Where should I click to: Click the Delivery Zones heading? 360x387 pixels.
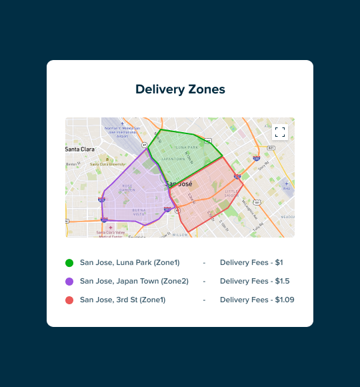(x=180, y=89)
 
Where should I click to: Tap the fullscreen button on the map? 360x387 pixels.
(x=280, y=131)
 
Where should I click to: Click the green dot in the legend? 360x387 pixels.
(x=69, y=263)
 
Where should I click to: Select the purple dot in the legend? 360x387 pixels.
(x=69, y=282)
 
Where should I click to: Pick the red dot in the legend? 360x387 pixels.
(x=69, y=300)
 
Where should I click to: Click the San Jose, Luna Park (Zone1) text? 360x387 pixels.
(x=129, y=263)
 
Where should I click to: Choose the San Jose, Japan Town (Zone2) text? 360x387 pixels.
(x=133, y=282)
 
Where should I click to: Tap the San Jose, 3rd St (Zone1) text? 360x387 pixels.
(x=122, y=300)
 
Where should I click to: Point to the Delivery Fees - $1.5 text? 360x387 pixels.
(x=255, y=282)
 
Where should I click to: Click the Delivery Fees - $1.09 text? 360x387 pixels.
(x=257, y=300)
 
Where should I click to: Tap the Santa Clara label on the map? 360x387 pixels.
(x=79, y=149)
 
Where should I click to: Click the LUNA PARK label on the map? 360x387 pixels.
(x=187, y=147)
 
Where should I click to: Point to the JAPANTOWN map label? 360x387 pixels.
(x=173, y=159)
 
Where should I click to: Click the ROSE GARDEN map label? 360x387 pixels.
(x=127, y=187)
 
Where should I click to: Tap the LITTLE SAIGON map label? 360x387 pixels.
(x=231, y=193)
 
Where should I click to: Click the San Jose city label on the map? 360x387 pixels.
(x=178, y=183)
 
